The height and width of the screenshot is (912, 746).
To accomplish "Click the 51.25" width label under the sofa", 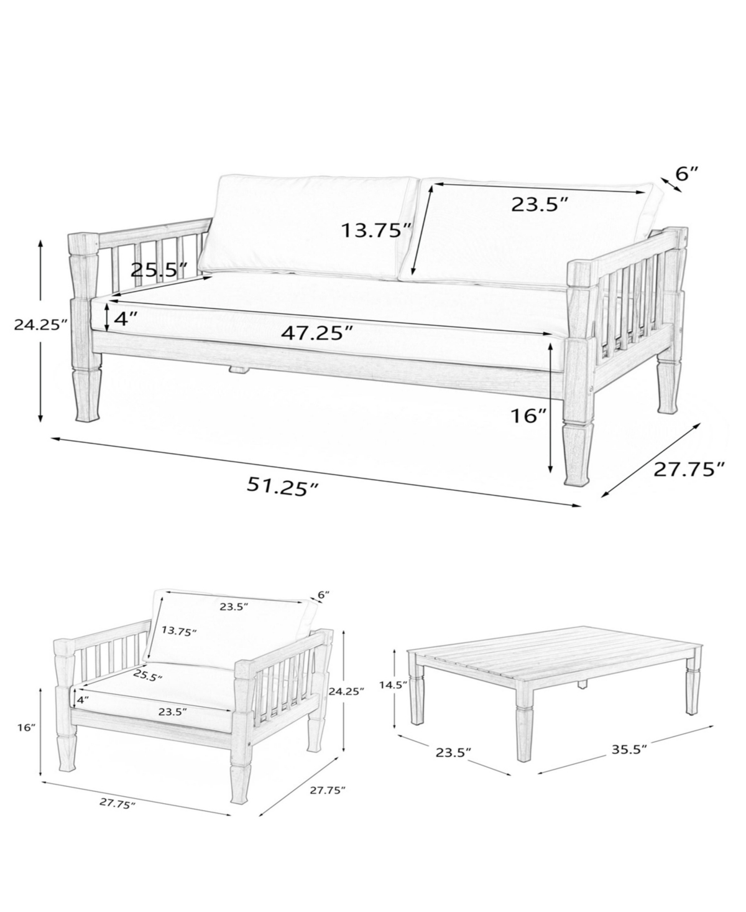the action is (x=283, y=486).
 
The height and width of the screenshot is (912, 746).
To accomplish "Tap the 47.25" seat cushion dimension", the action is (x=317, y=333).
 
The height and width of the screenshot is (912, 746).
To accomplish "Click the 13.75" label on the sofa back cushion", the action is (x=375, y=230).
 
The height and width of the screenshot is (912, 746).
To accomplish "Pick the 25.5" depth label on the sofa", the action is (x=159, y=270).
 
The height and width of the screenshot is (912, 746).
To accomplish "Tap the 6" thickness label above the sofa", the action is (x=687, y=174).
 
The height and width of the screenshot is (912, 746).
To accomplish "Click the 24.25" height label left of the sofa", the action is (x=41, y=324).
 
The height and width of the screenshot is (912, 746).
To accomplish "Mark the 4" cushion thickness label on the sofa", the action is (x=126, y=319).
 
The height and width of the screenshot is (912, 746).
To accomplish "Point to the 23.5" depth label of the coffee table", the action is (x=453, y=753).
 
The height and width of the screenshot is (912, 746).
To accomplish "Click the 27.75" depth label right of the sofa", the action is (x=689, y=469).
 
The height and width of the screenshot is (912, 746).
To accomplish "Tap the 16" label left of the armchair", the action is (x=26, y=728).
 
